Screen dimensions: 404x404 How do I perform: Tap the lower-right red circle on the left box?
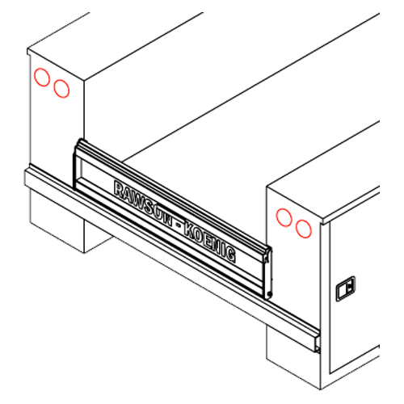click(x=54, y=88)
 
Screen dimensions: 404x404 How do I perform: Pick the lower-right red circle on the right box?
click(x=296, y=229)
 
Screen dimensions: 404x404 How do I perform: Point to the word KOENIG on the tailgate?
click(x=209, y=244)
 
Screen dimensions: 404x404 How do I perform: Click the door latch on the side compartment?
click(x=346, y=288)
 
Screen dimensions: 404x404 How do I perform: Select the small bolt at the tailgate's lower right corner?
click(x=270, y=293)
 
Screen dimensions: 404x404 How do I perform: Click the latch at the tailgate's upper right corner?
click(x=267, y=255)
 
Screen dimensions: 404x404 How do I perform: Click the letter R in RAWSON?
click(x=119, y=188)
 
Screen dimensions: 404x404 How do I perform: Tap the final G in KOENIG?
click(x=231, y=255)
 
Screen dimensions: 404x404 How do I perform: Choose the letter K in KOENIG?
click(x=189, y=231)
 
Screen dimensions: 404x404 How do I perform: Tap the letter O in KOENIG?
click(x=200, y=238)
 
